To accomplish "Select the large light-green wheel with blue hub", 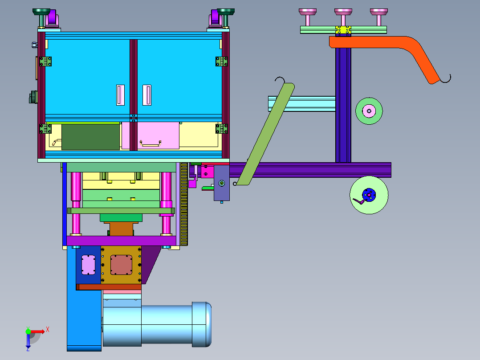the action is pyautogui.click(x=369, y=195).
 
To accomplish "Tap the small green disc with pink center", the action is pyautogui.click(x=369, y=111).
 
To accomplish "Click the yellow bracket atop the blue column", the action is pyautogui.click(x=343, y=30).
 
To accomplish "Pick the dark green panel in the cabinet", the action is pyautogui.click(x=90, y=137).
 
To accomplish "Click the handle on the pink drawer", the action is pyautogui.click(x=151, y=143).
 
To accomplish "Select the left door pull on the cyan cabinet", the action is pyautogui.click(x=120, y=95).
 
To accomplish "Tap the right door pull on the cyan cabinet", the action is pyautogui.click(x=147, y=95).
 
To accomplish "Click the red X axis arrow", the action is pyautogui.click(x=38, y=331).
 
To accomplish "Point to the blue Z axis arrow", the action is pyautogui.click(x=28, y=341).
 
